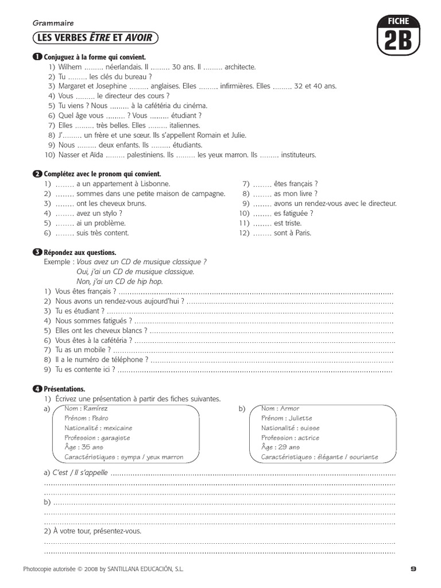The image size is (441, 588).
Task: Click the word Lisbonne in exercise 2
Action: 153,184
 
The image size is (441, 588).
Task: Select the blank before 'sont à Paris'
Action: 262,233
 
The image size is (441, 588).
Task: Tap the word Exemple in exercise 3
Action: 58,262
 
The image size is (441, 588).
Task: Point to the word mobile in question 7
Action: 95,350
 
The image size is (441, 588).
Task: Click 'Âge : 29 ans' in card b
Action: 280,447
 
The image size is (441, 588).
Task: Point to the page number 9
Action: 413,569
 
